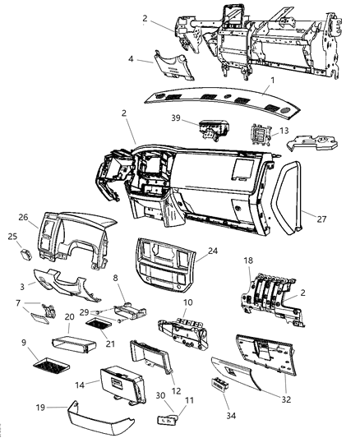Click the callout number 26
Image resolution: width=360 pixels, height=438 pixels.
tap(23, 219)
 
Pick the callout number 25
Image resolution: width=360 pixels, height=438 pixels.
tap(12, 237)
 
